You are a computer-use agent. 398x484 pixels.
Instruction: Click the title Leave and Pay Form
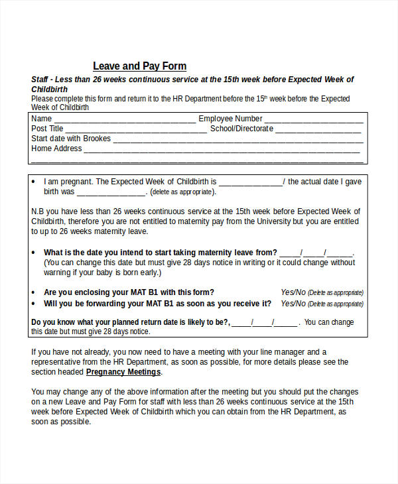point(139,66)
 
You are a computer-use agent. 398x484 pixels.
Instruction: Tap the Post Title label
point(48,129)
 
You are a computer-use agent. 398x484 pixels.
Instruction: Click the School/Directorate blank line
point(319,130)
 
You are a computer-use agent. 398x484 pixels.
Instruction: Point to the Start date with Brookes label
point(71,139)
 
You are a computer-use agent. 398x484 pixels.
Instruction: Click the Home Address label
point(56,149)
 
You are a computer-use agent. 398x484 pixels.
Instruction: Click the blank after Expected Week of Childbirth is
point(250,183)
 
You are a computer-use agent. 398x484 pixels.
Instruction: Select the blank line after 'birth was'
point(111,193)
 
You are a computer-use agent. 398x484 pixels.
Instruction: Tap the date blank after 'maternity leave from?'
point(316,253)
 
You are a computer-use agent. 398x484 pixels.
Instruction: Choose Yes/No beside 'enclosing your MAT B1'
point(293,292)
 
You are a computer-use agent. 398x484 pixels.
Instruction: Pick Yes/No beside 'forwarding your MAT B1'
point(293,304)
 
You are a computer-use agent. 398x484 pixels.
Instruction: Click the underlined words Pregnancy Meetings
point(123,372)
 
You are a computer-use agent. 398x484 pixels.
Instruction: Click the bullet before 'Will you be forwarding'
point(34,304)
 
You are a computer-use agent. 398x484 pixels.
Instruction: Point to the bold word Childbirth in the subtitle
point(50,89)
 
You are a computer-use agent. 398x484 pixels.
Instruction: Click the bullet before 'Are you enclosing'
point(34,292)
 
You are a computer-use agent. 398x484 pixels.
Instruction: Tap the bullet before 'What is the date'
point(34,253)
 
